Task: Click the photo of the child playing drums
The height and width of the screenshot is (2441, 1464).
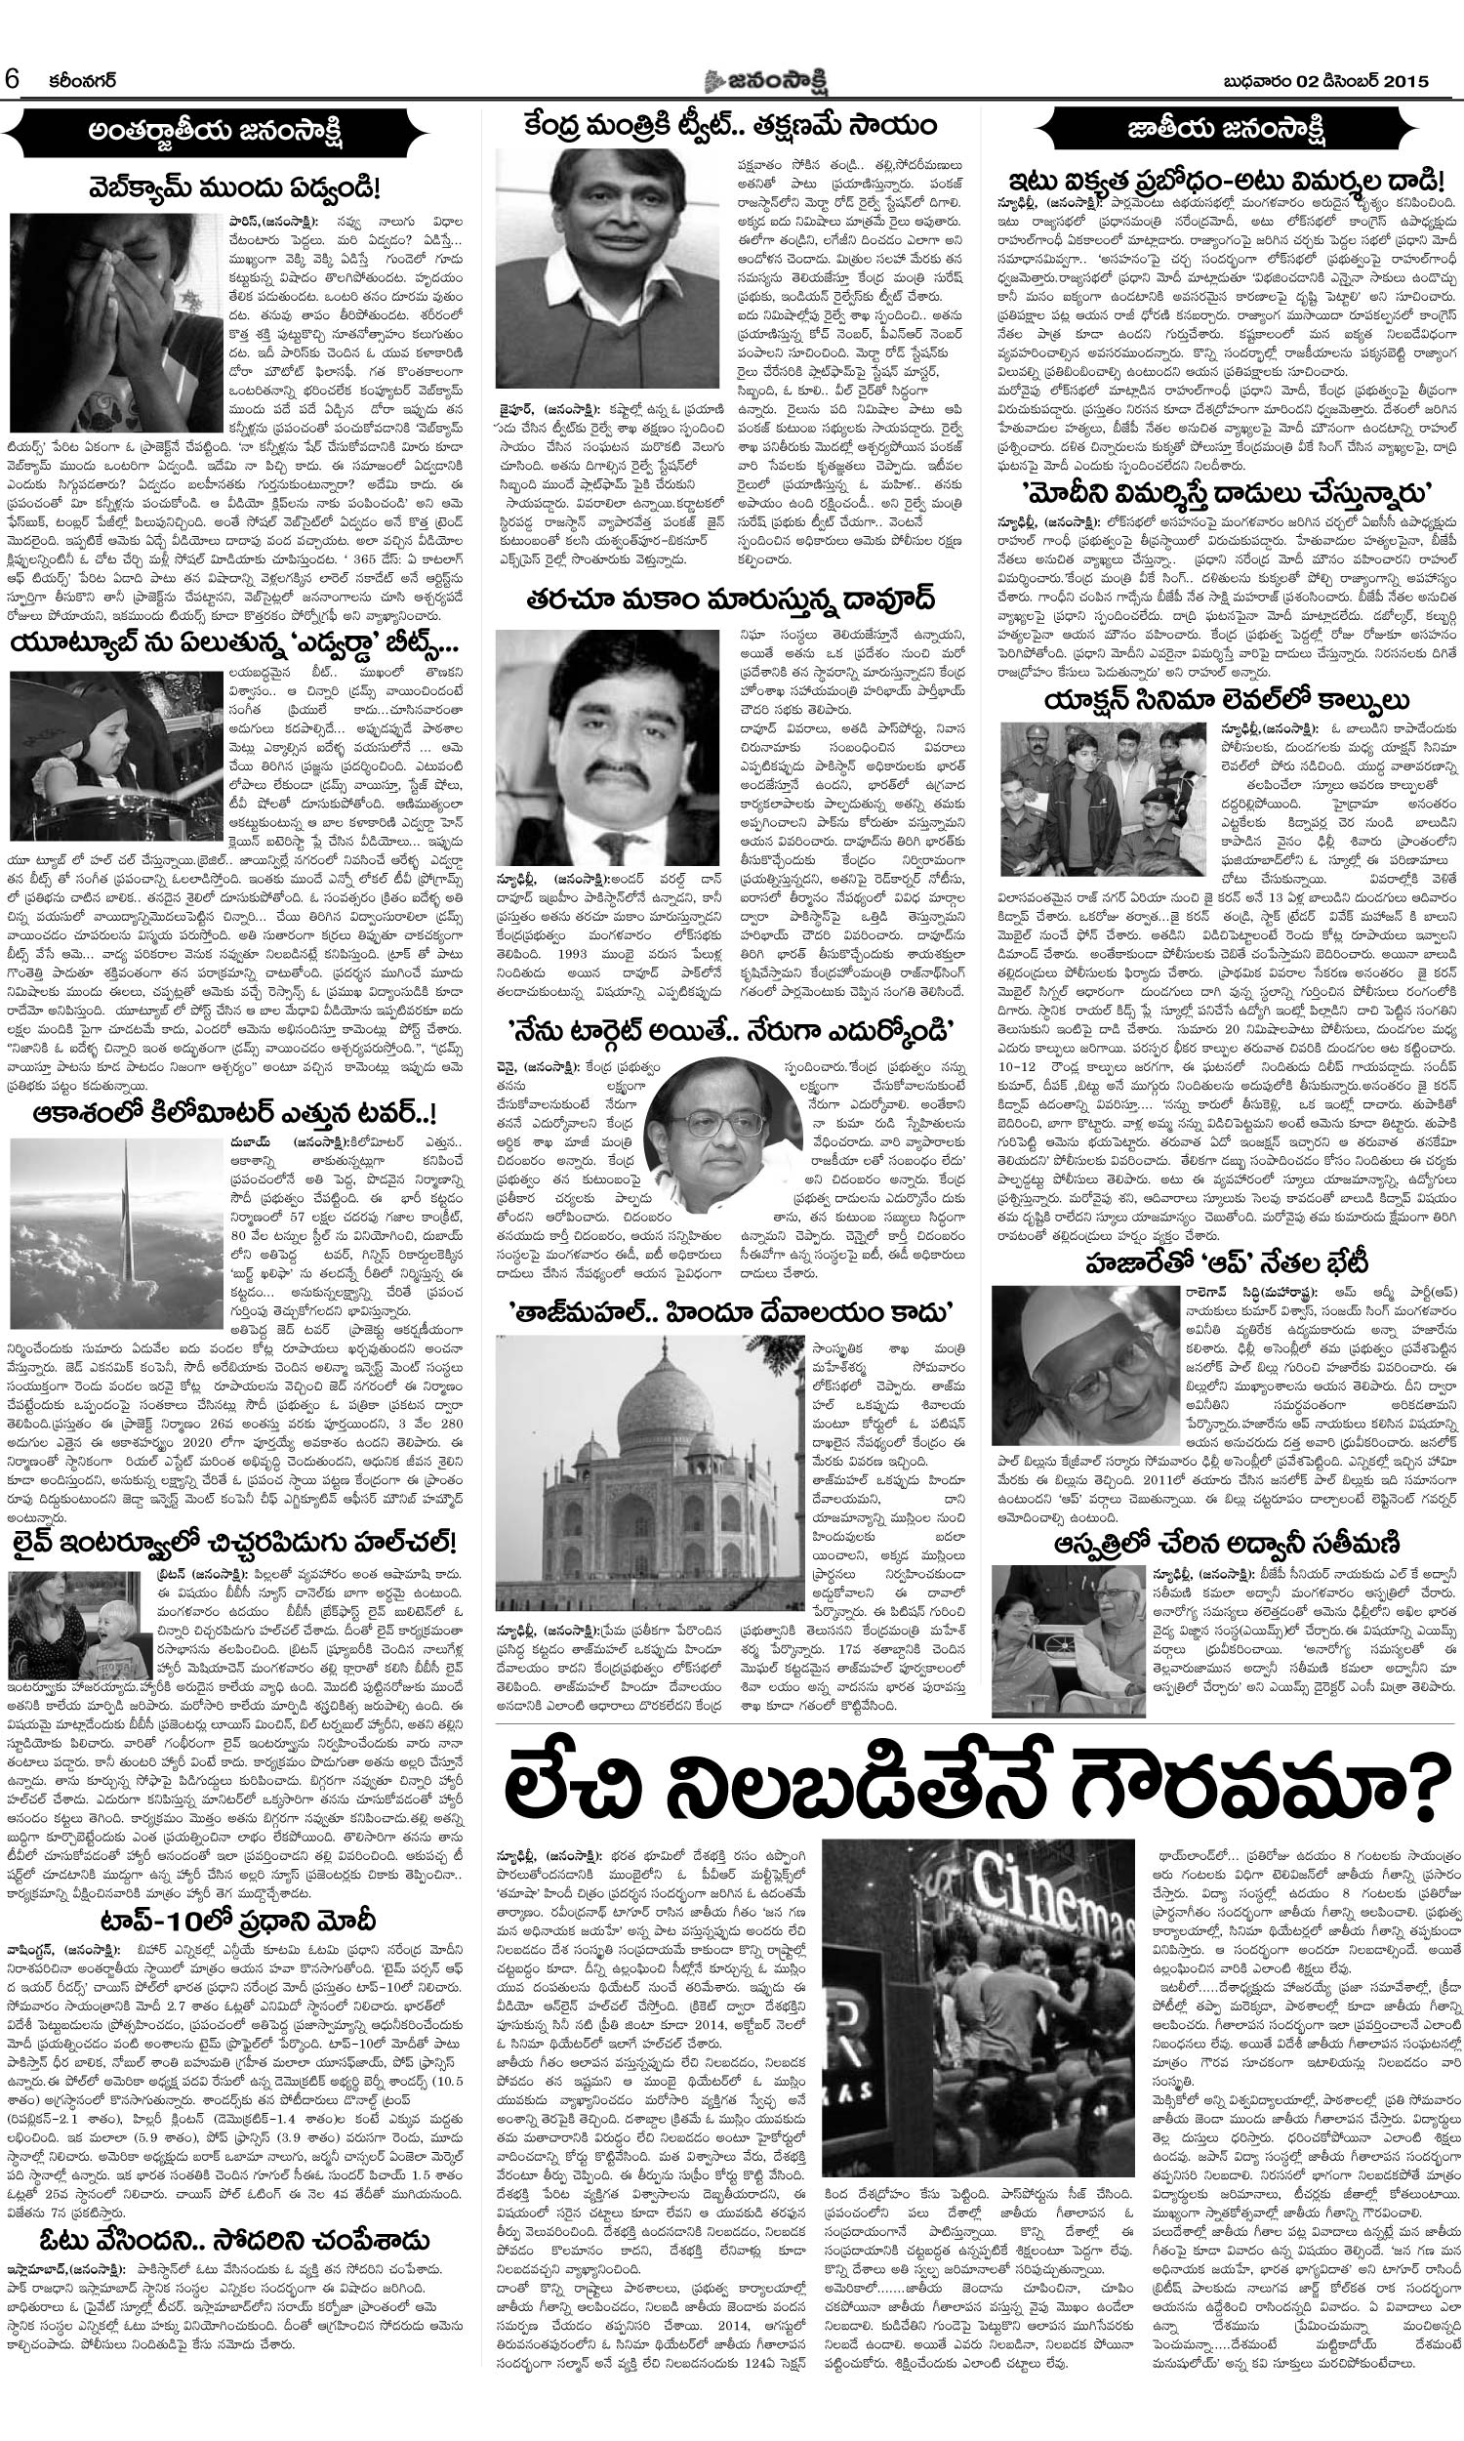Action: click(x=115, y=756)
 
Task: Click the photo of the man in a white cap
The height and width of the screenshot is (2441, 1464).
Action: click(x=1083, y=1367)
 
